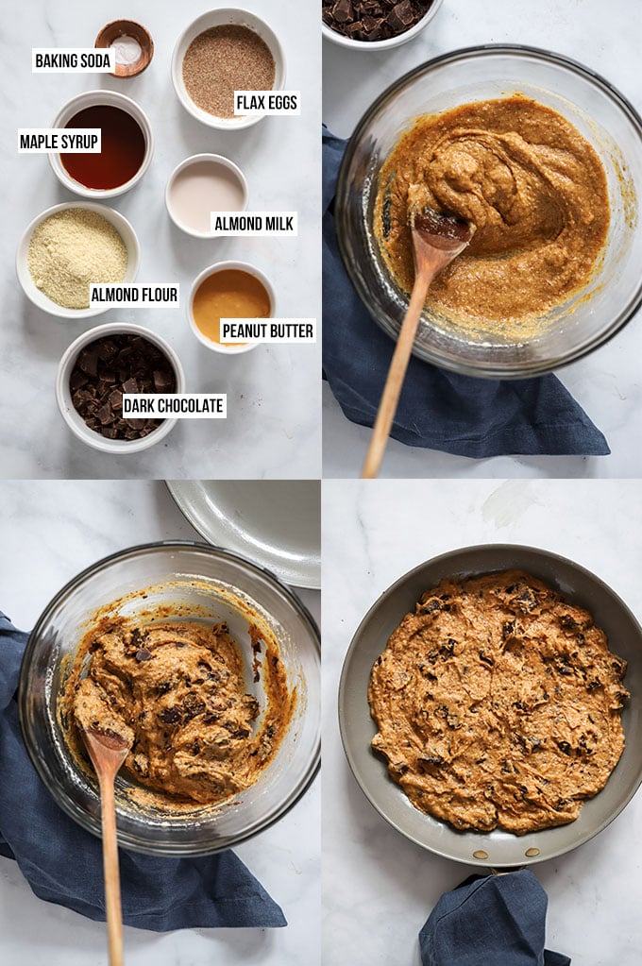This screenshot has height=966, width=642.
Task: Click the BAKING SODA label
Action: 74,60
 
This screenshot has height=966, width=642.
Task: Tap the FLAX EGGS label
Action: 267,103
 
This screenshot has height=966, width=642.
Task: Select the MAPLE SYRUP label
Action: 59,142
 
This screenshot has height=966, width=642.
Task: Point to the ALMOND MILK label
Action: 254,224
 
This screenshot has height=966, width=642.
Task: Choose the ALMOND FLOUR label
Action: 134,296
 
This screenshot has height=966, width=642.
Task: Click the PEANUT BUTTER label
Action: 268,330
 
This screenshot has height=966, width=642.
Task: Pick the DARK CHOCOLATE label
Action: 174,406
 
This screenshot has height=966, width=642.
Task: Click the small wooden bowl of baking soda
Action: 125,48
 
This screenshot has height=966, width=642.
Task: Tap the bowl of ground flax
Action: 228,68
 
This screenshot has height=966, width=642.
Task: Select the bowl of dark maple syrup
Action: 101,144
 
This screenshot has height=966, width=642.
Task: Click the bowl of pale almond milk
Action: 207,195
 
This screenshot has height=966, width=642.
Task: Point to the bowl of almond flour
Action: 77,259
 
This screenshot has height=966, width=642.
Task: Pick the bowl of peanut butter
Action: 231,306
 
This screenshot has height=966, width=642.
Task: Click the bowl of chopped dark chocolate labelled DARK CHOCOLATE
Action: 120,387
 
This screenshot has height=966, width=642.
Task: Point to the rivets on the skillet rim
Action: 505,853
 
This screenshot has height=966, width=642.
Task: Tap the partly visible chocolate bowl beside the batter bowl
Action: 381,22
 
